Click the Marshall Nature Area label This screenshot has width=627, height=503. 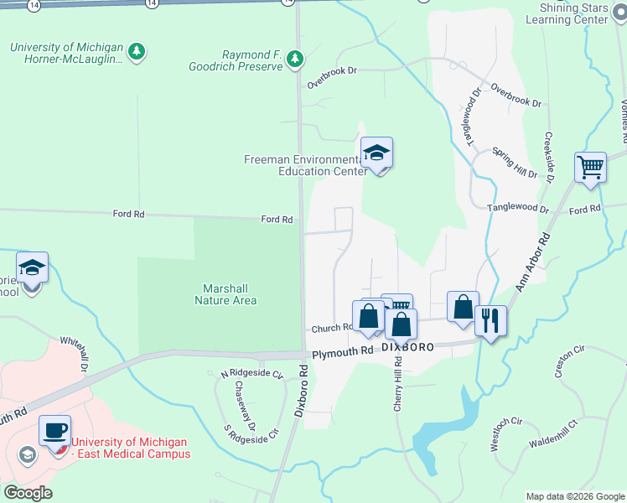(x=225, y=293)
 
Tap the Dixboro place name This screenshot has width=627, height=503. (x=407, y=345)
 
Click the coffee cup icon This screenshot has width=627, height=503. (x=55, y=430)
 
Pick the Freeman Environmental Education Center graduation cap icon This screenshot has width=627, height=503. (x=376, y=153)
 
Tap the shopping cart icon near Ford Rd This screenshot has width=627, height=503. (x=590, y=167)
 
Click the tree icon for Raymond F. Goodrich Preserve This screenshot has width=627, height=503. (x=294, y=58)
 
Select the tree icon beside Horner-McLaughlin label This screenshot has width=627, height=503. (x=137, y=52)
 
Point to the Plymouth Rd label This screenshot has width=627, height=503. (x=343, y=354)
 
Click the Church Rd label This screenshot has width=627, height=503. (x=331, y=329)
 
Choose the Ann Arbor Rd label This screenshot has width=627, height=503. (x=531, y=262)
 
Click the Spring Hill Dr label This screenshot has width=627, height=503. (x=515, y=162)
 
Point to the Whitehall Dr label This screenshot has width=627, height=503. (x=75, y=355)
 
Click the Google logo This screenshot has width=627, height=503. (x=28, y=492)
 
